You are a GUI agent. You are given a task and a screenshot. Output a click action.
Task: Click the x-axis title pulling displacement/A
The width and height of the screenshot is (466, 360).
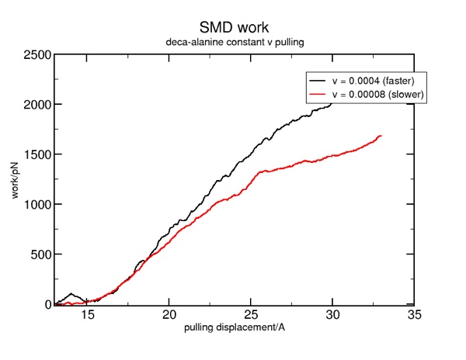pyautogui.click(x=234, y=328)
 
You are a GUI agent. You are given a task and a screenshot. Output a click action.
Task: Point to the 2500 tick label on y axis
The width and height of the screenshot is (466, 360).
pyautogui.click(x=37, y=54)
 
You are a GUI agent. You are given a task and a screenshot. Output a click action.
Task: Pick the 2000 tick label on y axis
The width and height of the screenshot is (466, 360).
pyautogui.click(x=37, y=105)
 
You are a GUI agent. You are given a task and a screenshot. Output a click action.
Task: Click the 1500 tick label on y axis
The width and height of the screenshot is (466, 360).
pyautogui.click(x=37, y=154)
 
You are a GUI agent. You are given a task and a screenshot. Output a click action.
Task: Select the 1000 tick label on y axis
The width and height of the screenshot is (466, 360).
pyautogui.click(x=37, y=204)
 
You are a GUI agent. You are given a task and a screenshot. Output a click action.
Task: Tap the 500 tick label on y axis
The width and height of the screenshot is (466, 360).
pyautogui.click(x=40, y=254)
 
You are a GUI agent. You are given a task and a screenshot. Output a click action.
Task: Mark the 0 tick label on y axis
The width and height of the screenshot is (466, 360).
pyautogui.click(x=47, y=304)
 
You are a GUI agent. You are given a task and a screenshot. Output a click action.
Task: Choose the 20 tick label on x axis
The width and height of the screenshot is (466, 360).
pyautogui.click(x=169, y=315)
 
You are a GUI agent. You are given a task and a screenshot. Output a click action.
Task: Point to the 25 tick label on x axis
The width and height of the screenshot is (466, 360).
pyautogui.click(x=251, y=315)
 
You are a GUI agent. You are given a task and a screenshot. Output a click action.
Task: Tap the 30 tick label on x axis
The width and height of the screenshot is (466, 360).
pyautogui.click(x=332, y=315)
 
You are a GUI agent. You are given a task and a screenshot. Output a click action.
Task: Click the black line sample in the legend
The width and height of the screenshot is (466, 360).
pyautogui.click(x=318, y=81)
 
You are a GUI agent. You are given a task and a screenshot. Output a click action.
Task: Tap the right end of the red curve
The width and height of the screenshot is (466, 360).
pyautogui.click(x=381, y=136)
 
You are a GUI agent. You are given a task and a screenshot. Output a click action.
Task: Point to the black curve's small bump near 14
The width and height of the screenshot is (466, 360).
pyautogui.click(x=71, y=294)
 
